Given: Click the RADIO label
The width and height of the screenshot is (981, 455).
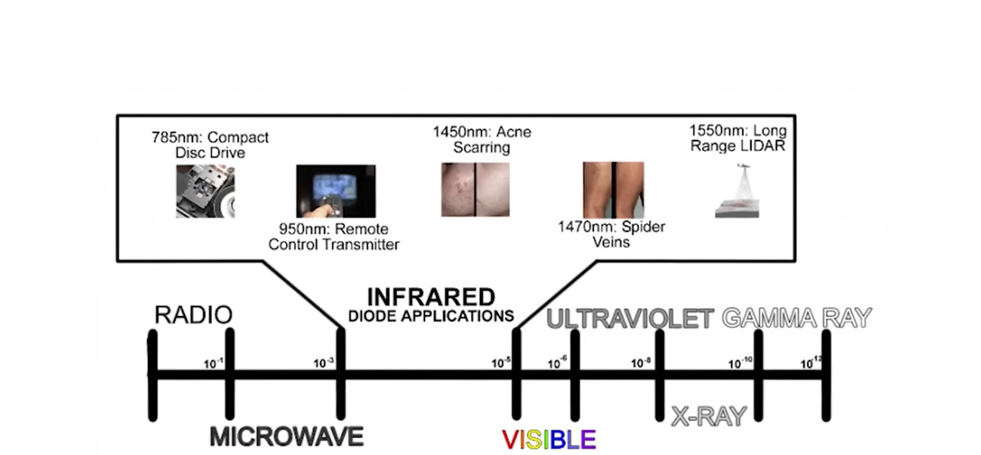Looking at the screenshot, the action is (194, 315).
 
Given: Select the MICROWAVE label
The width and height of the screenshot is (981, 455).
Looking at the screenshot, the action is (287, 437).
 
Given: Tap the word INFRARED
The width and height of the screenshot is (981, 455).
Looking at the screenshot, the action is (432, 297).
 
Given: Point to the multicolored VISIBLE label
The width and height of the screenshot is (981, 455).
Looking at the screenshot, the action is (549, 439).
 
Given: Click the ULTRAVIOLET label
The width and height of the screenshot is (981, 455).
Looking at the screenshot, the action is (630, 318).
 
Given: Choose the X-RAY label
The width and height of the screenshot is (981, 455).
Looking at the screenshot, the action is (709, 416).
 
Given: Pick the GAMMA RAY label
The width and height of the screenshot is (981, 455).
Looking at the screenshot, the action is (796, 318).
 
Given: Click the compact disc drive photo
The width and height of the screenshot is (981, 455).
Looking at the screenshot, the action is (205, 191).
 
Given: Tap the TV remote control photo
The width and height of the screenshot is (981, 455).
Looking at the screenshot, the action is (336, 191).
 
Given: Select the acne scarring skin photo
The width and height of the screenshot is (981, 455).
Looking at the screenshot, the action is (475, 189).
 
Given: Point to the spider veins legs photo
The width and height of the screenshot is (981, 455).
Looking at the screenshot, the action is (613, 190).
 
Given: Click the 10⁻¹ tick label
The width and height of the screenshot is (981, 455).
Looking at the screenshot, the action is (213, 363).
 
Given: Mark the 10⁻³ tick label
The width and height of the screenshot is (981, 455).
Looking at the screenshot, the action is (324, 363).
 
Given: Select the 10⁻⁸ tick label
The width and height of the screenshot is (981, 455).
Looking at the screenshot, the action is (641, 363).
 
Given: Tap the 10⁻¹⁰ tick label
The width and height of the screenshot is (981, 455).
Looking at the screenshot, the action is (740, 363).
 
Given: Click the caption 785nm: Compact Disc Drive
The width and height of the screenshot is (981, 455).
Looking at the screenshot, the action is (210, 145).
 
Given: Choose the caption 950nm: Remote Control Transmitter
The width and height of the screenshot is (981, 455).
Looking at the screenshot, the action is (334, 237).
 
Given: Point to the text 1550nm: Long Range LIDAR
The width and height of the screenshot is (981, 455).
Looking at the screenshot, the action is (738, 138).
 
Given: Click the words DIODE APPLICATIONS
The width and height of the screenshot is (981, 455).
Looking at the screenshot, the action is (431, 316).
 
